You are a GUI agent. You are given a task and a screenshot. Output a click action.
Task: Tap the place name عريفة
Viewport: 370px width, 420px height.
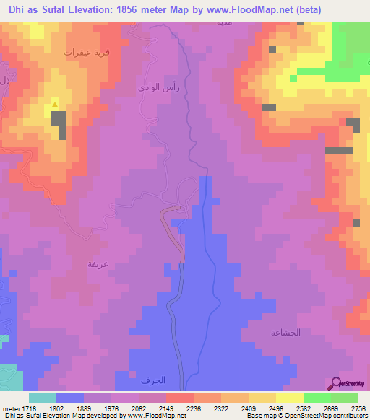tap(98, 264)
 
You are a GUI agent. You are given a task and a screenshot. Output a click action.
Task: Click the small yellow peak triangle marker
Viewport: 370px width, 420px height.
tap(56, 107)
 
